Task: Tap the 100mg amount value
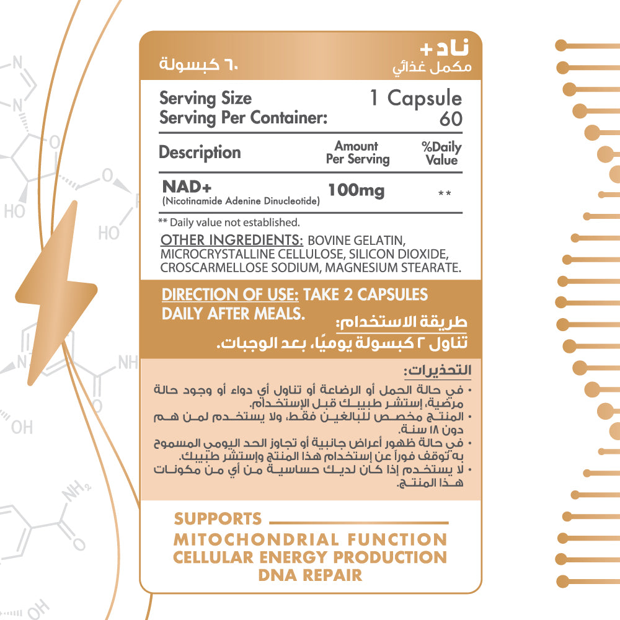pyautogui.click(x=356, y=190)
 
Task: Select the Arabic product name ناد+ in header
pyautogui.click(x=441, y=49)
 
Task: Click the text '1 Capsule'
pyautogui.click(x=416, y=98)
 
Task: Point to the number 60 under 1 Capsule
pyautogui.click(x=451, y=118)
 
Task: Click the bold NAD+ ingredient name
pyautogui.click(x=182, y=186)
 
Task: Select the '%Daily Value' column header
pyautogui.click(x=441, y=153)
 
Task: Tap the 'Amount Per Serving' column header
pyautogui.click(x=357, y=153)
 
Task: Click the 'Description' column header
pyautogui.click(x=200, y=152)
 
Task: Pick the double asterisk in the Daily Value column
pyautogui.click(x=444, y=194)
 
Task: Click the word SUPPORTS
pyautogui.click(x=218, y=519)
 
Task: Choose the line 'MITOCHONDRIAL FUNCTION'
pyautogui.click(x=310, y=539)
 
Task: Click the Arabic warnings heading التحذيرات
pyautogui.click(x=437, y=371)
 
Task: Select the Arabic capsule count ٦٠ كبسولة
pyautogui.click(x=198, y=64)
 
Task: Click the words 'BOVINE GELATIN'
pyautogui.click(x=356, y=240)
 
